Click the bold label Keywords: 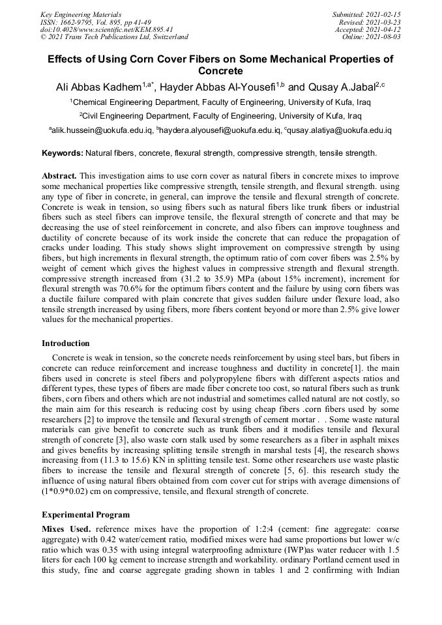coord(63,153)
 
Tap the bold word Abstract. coord(59,177)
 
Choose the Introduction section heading coord(66,343)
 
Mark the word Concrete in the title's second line coord(220,71)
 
